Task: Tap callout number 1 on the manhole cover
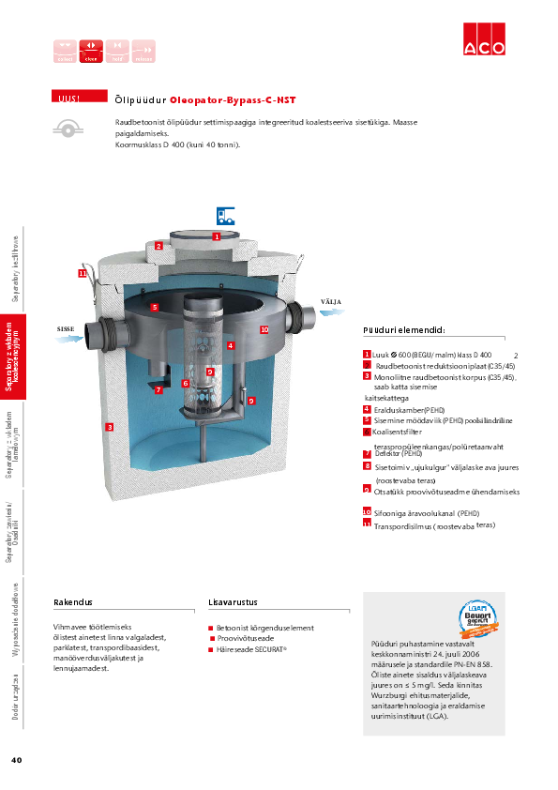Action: point(216,237)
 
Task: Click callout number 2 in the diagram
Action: point(159,246)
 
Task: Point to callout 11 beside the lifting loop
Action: point(83,273)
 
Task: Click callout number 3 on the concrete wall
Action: point(110,427)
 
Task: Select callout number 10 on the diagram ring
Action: point(264,329)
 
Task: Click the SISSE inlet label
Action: point(66,329)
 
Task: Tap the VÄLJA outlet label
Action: point(331,301)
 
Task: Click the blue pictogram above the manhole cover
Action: point(225,214)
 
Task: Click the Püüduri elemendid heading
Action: point(403,330)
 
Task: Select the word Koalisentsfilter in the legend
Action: point(400,433)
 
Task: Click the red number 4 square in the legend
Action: point(367,409)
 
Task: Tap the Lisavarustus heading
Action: point(233,602)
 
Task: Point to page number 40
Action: point(16,759)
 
